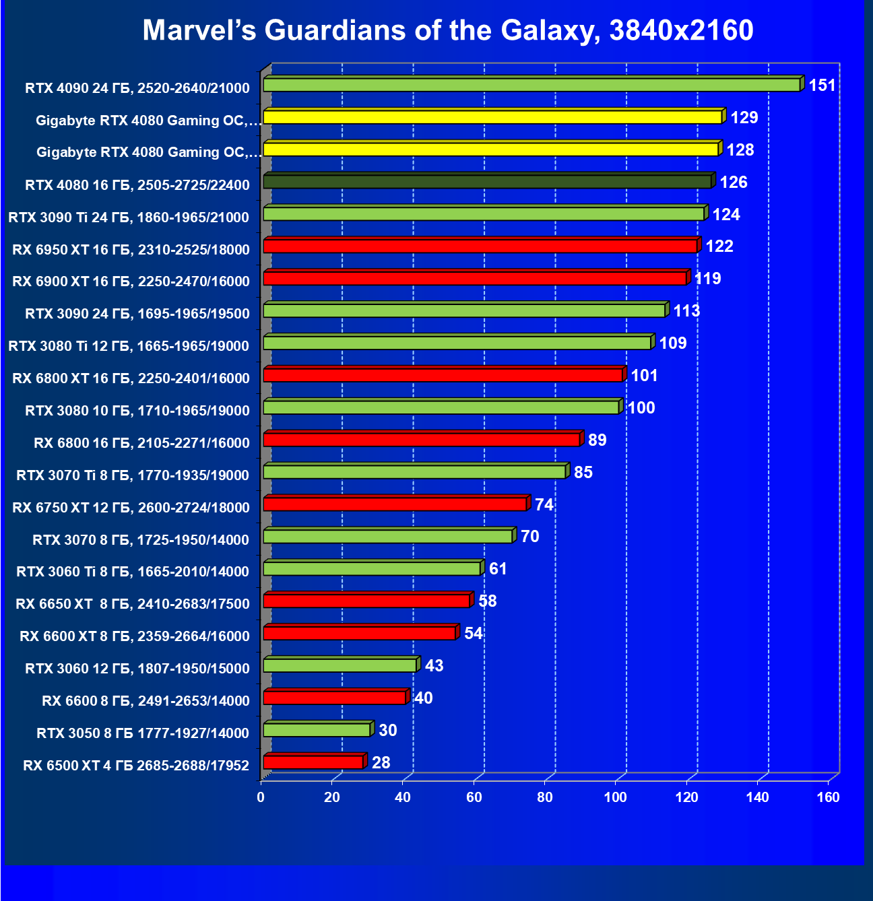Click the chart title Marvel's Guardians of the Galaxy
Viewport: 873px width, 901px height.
[448, 30]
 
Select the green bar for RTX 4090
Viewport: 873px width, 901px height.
[531, 85]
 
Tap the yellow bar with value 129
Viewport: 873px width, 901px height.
[492, 117]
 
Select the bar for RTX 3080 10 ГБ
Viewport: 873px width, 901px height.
[441, 407]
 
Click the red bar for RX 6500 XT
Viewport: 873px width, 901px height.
[313, 762]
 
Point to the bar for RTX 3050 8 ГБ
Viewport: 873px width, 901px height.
[317, 730]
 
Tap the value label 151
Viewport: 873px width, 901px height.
[822, 86]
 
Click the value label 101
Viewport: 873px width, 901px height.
[644, 376]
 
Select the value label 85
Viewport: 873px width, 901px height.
[583, 473]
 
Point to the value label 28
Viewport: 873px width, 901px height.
[381, 763]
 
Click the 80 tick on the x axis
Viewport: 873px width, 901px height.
[545, 798]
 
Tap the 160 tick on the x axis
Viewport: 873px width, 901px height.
[829, 798]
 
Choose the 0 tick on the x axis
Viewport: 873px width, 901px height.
[261, 798]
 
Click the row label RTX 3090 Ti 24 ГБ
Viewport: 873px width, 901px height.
[129, 218]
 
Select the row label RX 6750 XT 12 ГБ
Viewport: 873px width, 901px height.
[131, 508]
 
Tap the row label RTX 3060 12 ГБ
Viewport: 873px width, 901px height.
[137, 669]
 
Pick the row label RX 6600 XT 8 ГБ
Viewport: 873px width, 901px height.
[135, 636]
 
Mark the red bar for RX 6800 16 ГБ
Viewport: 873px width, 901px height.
[422, 440]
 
